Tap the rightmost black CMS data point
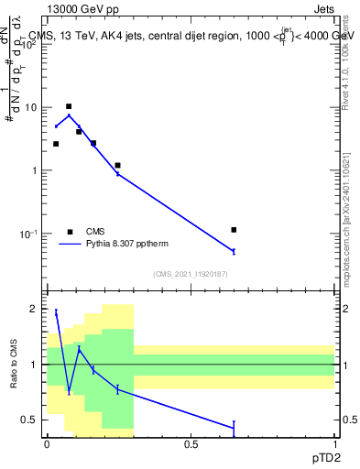click(235, 230)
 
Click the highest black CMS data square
click(69, 106)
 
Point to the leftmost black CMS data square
click(56, 144)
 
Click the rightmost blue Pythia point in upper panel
click(235, 251)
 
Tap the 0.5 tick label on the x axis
click(191, 443)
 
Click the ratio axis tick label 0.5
click(30, 420)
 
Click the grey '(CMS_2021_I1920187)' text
click(190, 274)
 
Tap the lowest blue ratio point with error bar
click(235, 427)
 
